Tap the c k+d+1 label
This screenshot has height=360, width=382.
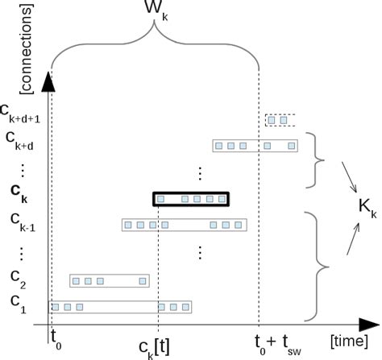point(25,112)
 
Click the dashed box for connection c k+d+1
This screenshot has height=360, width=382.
point(280,120)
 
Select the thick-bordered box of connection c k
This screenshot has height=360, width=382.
point(191,198)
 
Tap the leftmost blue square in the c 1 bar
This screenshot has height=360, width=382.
point(56,307)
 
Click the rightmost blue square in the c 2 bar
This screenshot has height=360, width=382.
point(143,281)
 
